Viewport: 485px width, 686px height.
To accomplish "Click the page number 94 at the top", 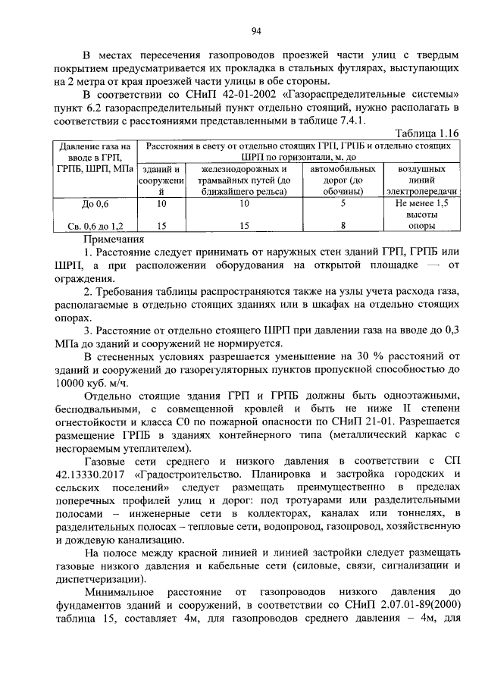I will coord(256,30).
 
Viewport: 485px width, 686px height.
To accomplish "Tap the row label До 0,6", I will coord(95,204).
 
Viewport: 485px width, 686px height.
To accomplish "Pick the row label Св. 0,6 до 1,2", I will coord(95,226).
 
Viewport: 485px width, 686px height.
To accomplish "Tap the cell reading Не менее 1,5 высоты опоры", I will coord(421,215).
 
